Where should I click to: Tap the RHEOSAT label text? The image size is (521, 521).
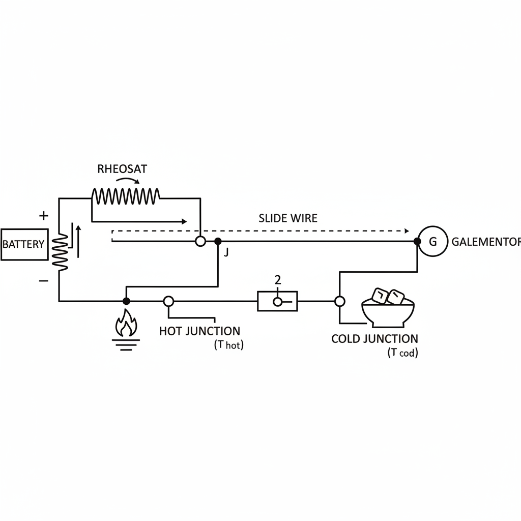tap(122, 169)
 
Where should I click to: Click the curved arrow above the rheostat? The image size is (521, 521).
tap(128, 181)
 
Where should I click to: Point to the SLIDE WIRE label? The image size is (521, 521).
tap(288, 218)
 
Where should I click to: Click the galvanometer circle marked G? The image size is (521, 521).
tap(432, 242)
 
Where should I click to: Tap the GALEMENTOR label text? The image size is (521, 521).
tap(486, 242)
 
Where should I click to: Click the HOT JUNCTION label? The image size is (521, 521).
tap(199, 331)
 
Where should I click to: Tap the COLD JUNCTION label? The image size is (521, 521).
tap(374, 339)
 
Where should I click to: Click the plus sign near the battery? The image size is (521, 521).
tap(44, 216)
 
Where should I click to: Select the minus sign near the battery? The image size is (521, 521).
tap(44, 280)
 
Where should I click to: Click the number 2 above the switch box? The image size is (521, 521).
tap(277, 280)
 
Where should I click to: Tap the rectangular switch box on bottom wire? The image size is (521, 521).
tap(277, 301)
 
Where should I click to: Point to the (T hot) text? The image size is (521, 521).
tap(228, 345)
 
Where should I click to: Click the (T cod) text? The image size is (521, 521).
tap(402, 354)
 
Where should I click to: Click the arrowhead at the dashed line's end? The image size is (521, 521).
tap(406, 230)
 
